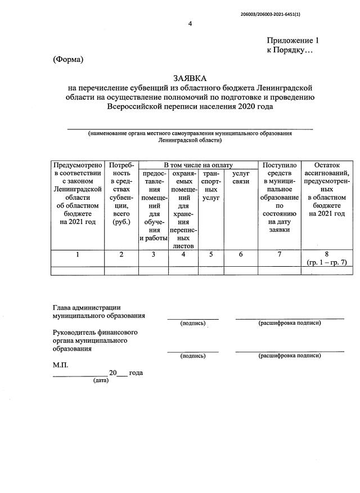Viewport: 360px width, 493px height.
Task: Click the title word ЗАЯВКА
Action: point(190,78)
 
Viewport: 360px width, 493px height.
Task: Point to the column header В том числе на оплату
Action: point(198,165)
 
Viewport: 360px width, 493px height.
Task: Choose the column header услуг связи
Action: point(240,178)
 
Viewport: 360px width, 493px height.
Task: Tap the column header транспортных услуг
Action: point(211,186)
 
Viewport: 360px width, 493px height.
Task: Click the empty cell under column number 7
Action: point(280,271)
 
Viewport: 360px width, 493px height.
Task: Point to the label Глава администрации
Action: point(87,307)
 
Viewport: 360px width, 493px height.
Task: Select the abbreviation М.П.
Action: point(60,365)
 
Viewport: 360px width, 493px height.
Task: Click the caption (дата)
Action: point(101,381)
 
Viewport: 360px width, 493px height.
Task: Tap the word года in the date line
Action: point(136,373)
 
